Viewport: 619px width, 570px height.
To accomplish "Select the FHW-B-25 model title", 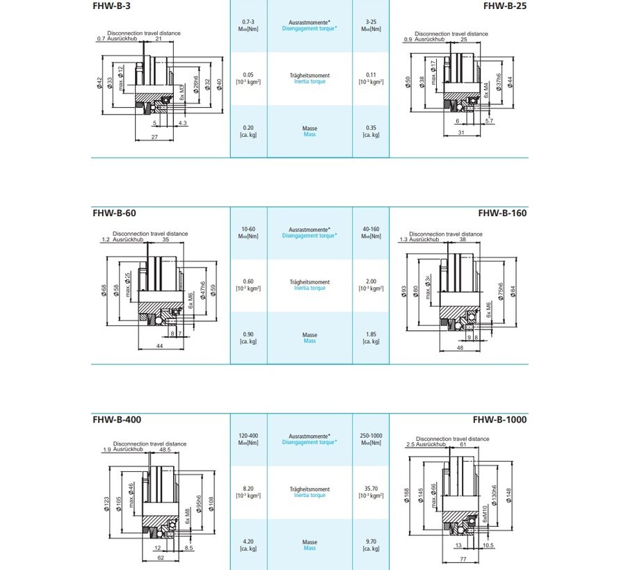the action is point(505,6).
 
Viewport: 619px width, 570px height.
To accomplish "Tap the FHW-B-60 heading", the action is point(115,213).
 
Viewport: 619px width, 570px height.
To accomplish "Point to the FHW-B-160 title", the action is point(502,213).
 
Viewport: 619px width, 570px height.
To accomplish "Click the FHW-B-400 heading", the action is point(118,420).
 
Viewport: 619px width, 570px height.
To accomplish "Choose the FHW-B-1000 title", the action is point(499,420).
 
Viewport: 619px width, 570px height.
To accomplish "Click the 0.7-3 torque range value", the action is point(248,23).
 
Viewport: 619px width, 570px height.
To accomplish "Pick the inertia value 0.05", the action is point(248,74).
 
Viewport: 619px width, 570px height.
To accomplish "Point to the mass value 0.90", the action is point(248,334).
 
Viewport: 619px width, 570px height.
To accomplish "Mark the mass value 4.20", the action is point(248,541).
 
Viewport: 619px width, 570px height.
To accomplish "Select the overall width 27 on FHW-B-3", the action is point(154,138).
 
